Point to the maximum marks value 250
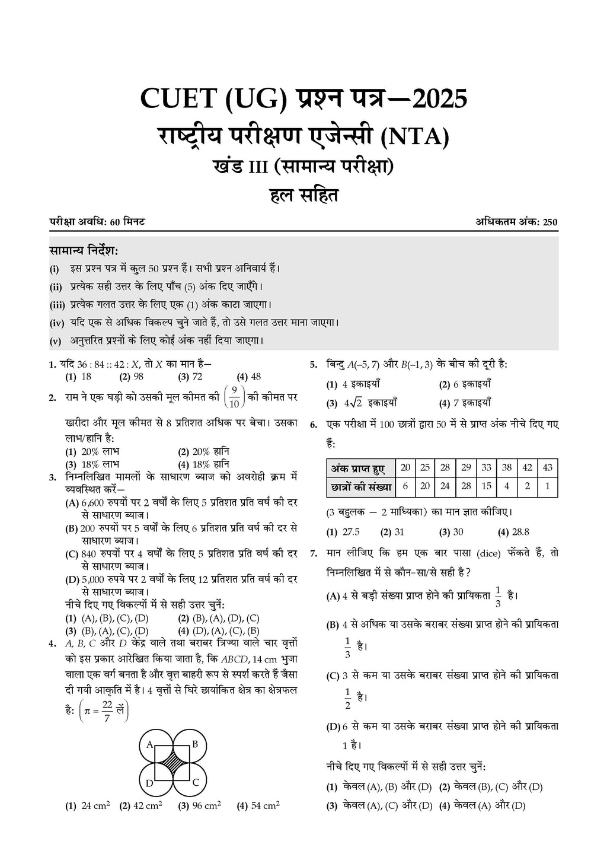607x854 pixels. click(x=550, y=222)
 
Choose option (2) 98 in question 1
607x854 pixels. click(x=132, y=377)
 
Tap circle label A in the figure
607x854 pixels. click(x=150, y=744)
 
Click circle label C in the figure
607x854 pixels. click(x=195, y=782)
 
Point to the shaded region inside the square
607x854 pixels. click(x=172, y=763)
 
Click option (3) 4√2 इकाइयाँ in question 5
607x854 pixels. click(x=362, y=403)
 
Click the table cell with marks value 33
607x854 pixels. click(x=486, y=467)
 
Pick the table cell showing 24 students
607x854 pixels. click(x=445, y=487)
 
